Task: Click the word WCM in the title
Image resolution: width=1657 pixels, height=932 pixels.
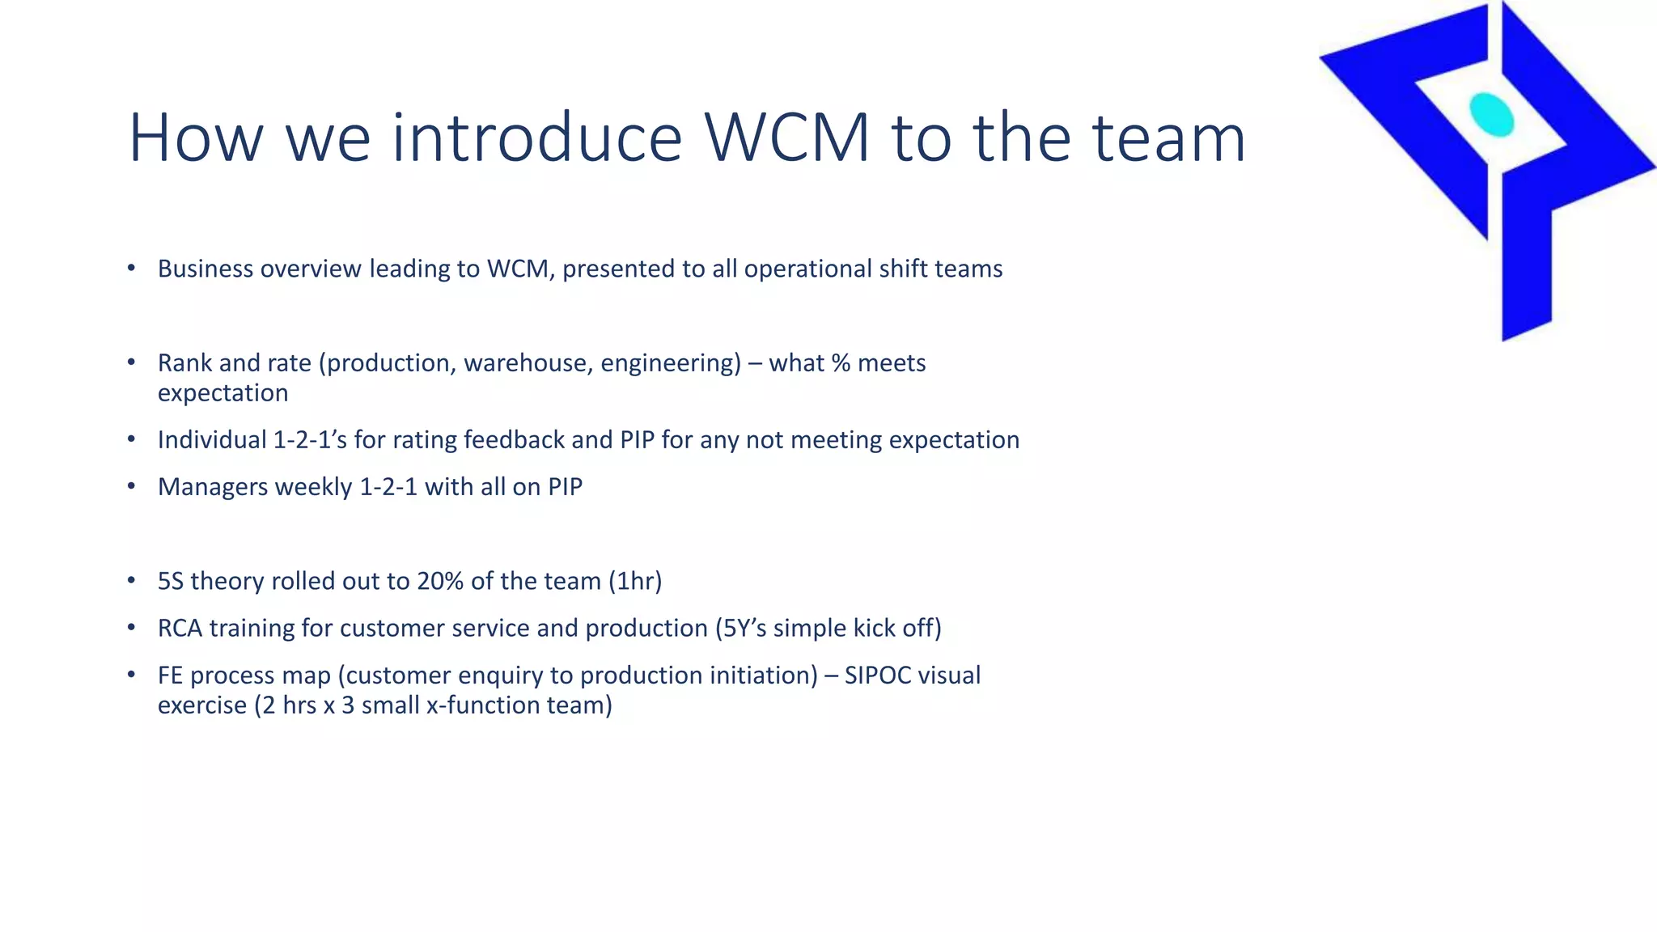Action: point(786,138)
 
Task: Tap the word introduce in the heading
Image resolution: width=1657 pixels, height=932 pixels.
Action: point(537,138)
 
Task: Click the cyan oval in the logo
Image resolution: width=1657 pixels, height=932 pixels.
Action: point(1491,115)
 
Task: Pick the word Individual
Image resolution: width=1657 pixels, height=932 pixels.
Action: point(212,440)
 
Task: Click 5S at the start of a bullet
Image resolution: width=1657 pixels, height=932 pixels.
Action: point(171,582)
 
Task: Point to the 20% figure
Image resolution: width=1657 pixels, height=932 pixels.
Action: point(440,582)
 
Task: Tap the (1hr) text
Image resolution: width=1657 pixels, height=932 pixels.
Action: point(635,582)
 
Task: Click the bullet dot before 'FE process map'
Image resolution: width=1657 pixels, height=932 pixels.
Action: point(131,674)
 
